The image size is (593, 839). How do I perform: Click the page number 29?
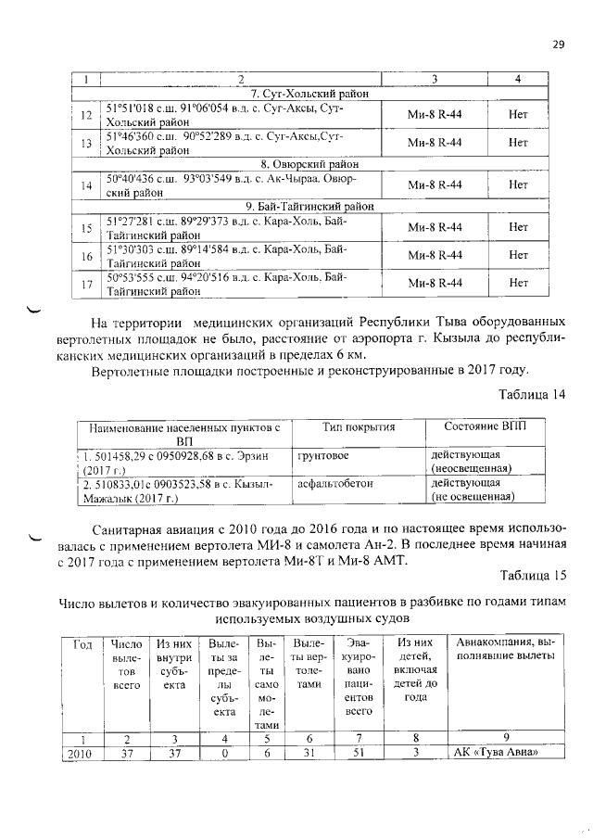[558, 44]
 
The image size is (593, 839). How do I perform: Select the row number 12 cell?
[86, 116]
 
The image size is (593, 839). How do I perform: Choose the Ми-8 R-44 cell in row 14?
[435, 185]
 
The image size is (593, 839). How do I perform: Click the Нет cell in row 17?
[518, 283]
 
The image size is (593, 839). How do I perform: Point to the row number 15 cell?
[86, 228]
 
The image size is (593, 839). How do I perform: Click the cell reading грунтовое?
[322, 455]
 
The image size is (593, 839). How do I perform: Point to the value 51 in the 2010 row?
[352, 753]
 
